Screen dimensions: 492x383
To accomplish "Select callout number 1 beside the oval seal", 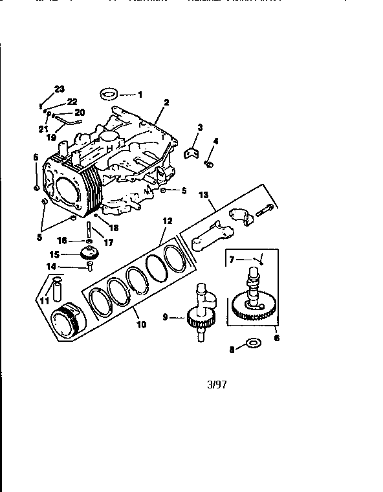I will (140, 95).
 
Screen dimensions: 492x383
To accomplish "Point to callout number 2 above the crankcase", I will (166, 103).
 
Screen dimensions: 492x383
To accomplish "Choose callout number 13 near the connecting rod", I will (202, 194).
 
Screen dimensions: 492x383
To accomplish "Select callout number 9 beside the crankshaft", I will (166, 317).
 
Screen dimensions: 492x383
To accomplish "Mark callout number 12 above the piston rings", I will (167, 221).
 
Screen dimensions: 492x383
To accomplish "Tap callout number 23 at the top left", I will (59, 88).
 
